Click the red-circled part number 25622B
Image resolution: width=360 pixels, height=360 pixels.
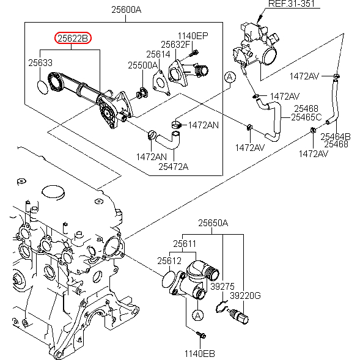(73, 38)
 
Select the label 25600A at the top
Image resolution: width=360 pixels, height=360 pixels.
(127, 10)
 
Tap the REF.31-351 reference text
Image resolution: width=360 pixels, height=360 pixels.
(292, 4)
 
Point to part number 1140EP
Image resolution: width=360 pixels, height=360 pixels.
(193, 36)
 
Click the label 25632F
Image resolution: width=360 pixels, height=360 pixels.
(175, 45)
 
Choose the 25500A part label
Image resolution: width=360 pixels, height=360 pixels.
(142, 65)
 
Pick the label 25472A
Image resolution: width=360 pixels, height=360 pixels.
(174, 167)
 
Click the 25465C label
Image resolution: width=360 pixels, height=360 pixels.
(306, 117)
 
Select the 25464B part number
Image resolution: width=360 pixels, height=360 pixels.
(336, 137)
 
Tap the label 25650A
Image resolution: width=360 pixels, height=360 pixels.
(213, 223)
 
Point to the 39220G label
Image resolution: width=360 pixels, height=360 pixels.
(245, 296)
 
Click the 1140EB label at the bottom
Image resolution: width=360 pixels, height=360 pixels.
(200, 354)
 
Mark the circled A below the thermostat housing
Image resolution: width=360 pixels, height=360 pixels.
(197, 315)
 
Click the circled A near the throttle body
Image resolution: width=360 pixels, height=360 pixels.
(230, 77)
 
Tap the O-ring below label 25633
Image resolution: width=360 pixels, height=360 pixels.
(43, 87)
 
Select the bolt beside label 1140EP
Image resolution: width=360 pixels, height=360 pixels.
(194, 54)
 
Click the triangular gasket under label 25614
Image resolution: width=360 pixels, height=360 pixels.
(161, 83)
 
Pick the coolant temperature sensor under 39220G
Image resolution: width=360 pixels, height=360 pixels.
(238, 316)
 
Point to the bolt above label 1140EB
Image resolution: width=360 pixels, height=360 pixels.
(201, 335)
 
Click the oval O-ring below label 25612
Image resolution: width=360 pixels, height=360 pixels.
(169, 279)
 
